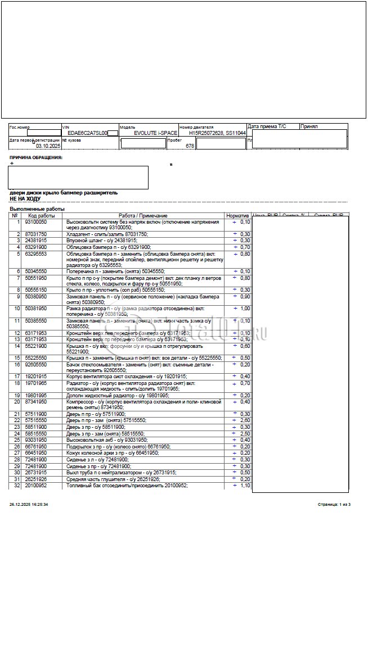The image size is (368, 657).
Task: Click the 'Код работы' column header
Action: [x=41, y=216]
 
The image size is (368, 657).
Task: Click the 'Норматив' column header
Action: [x=237, y=216]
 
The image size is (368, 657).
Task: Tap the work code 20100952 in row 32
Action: [x=36, y=486]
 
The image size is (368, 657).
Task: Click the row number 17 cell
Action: [x=17, y=376]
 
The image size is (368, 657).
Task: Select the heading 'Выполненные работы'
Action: [x=37, y=209]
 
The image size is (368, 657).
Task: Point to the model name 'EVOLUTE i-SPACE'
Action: [x=155, y=133]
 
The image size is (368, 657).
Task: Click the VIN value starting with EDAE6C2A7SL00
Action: [x=87, y=133]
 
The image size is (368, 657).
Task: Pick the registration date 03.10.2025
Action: [x=48, y=146]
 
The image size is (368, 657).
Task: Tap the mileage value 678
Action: [x=190, y=146]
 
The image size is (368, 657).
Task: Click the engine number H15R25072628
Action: [x=206, y=133]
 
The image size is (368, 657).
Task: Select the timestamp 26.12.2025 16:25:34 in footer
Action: [x=29, y=505]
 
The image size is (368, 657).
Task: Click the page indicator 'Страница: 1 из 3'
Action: [x=334, y=505]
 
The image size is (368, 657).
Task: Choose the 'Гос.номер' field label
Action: [x=20, y=128]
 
